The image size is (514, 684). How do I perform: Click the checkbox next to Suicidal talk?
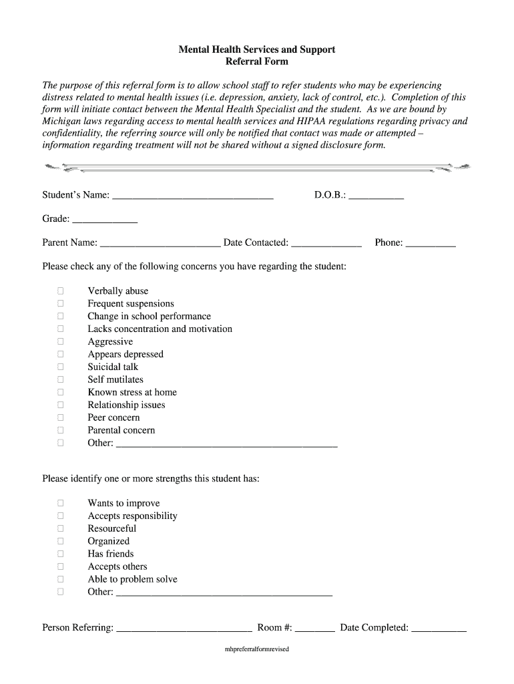(x=61, y=367)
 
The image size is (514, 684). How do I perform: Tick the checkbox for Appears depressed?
(x=61, y=354)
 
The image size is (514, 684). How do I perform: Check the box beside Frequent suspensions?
(x=61, y=303)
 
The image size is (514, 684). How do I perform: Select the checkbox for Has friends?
(x=61, y=554)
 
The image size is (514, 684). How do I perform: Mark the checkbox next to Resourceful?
(x=61, y=528)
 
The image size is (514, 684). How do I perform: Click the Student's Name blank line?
(x=193, y=198)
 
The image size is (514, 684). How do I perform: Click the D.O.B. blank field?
(x=376, y=198)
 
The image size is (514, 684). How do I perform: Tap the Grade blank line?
(x=105, y=222)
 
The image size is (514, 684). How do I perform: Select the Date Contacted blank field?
(x=326, y=246)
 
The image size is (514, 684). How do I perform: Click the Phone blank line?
(x=431, y=246)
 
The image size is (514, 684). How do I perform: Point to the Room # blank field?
(x=314, y=631)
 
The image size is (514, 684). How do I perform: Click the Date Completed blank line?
(x=439, y=631)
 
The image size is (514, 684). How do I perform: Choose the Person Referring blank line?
(x=184, y=631)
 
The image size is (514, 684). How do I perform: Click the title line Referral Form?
(x=256, y=61)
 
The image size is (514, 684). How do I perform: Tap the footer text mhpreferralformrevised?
(x=257, y=649)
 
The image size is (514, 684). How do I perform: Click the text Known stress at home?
(x=132, y=392)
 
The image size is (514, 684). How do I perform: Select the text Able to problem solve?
(x=132, y=579)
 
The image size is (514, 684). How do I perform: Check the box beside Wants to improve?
(x=61, y=503)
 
